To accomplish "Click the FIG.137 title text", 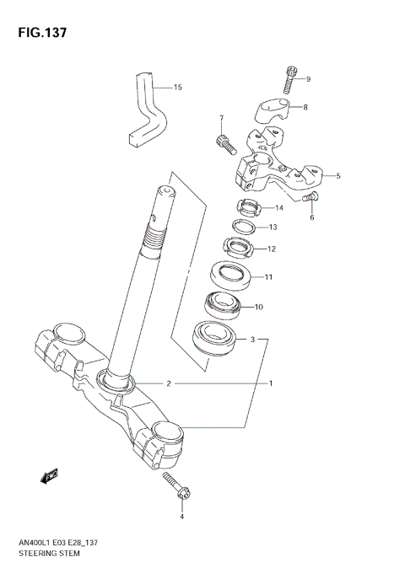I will pyautogui.click(x=40, y=33).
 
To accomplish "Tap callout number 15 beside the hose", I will pyautogui.click(x=177, y=87).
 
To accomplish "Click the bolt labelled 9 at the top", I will pyautogui.click(x=292, y=78).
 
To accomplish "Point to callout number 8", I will pyautogui.click(x=305, y=107).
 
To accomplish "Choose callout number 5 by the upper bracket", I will pyautogui.click(x=337, y=176).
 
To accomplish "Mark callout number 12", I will pyautogui.click(x=272, y=249).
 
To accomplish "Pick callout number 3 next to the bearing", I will pyautogui.click(x=252, y=340).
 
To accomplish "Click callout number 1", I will pyautogui.click(x=271, y=384).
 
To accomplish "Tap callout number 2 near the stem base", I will pyautogui.click(x=168, y=384).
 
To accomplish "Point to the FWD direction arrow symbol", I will pyautogui.click(x=47, y=476).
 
